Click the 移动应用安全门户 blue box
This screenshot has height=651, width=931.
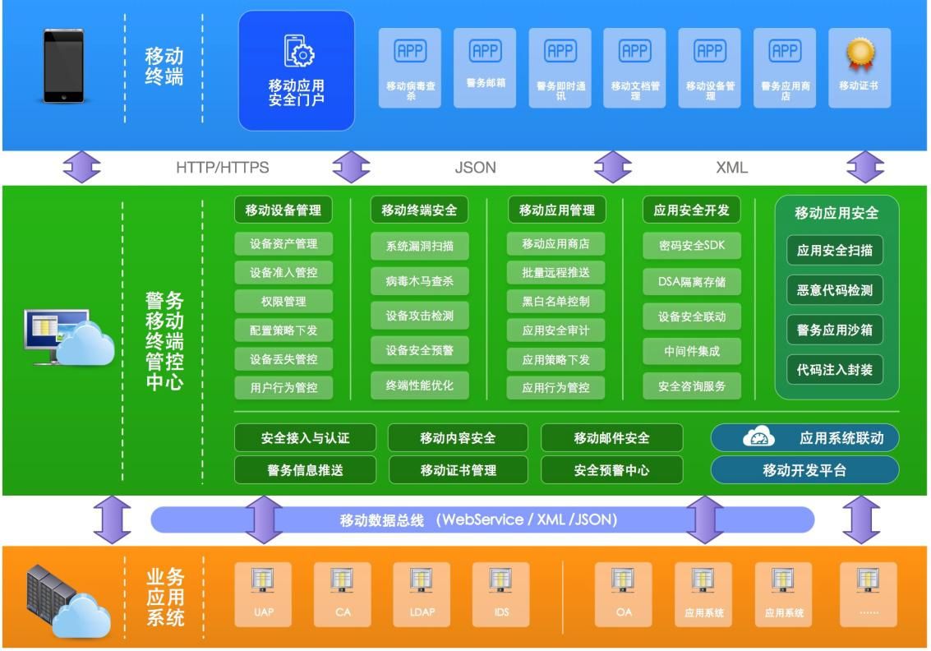[297, 71]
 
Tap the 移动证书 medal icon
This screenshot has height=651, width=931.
[860, 54]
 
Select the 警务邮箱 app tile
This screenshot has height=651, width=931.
[485, 68]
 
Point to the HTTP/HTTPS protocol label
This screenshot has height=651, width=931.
[222, 168]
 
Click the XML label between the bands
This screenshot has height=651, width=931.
[731, 168]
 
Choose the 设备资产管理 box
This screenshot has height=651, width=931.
[283, 244]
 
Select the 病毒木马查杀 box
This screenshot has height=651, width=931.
[419, 281]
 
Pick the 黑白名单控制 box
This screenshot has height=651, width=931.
[555, 302]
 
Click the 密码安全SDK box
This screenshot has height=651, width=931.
[691, 245]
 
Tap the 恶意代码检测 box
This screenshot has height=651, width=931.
[834, 290]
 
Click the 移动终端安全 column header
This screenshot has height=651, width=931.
[419, 210]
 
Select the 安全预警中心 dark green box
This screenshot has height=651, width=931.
[611, 470]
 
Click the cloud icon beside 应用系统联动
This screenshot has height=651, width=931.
[758, 438]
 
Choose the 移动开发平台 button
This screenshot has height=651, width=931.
[804, 470]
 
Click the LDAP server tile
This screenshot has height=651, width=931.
[422, 594]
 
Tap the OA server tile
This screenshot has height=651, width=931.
[623, 594]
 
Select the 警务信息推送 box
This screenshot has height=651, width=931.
[305, 470]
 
